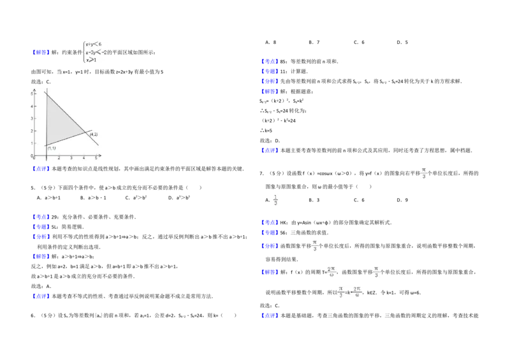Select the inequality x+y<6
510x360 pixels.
[x=93, y=44]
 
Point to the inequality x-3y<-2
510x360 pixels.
[x=95, y=52]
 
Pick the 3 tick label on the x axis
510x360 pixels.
[x=71, y=158]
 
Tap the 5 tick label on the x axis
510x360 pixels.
[x=96, y=158]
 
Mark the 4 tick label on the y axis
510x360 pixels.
[x=33, y=106]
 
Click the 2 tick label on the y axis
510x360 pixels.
[x=33, y=131]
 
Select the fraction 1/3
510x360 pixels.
[x=275, y=201]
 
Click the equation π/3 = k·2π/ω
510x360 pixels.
[x=351, y=293]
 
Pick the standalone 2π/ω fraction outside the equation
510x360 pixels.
[x=333, y=272]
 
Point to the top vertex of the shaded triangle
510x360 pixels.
[x=47, y=93]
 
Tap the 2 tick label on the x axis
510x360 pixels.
[x=59, y=158]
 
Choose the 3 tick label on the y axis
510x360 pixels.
[x=33, y=119]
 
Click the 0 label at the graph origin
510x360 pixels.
[x=34, y=157]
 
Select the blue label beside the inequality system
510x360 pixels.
[x=41, y=52]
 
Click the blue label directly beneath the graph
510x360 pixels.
[x=41, y=169]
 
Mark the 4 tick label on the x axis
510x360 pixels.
[x=84, y=158]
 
